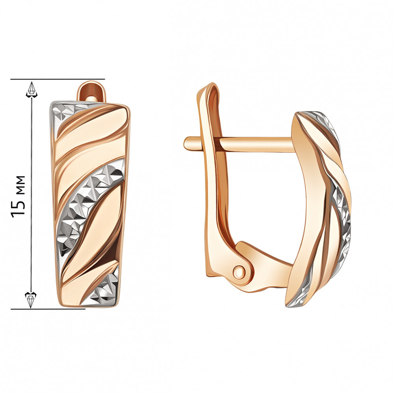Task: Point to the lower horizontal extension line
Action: point(47,309)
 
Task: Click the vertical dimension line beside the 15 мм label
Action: point(32,236)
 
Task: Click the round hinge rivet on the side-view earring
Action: point(238,271)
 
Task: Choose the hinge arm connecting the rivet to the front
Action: point(268,268)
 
